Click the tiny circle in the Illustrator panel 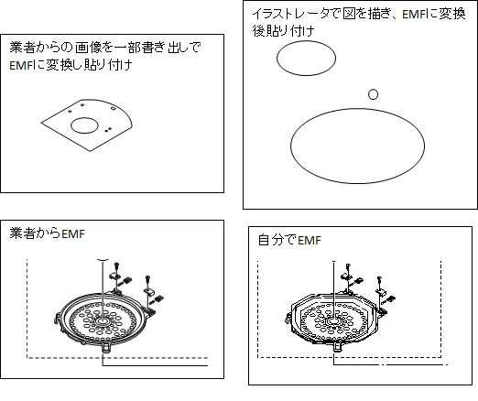(373, 94)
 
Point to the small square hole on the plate (113, 108)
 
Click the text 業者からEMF (47, 233)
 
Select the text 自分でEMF (289, 240)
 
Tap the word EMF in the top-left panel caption (21, 65)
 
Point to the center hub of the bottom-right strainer (332, 321)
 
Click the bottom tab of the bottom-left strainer (105, 347)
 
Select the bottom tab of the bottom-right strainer (338, 347)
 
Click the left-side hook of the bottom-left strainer (57, 319)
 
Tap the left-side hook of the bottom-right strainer (288, 319)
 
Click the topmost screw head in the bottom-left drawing (116, 265)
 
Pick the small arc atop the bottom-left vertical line (103, 260)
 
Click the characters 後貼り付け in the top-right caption (283, 31)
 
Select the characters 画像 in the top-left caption (88, 48)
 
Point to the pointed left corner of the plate (41, 123)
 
